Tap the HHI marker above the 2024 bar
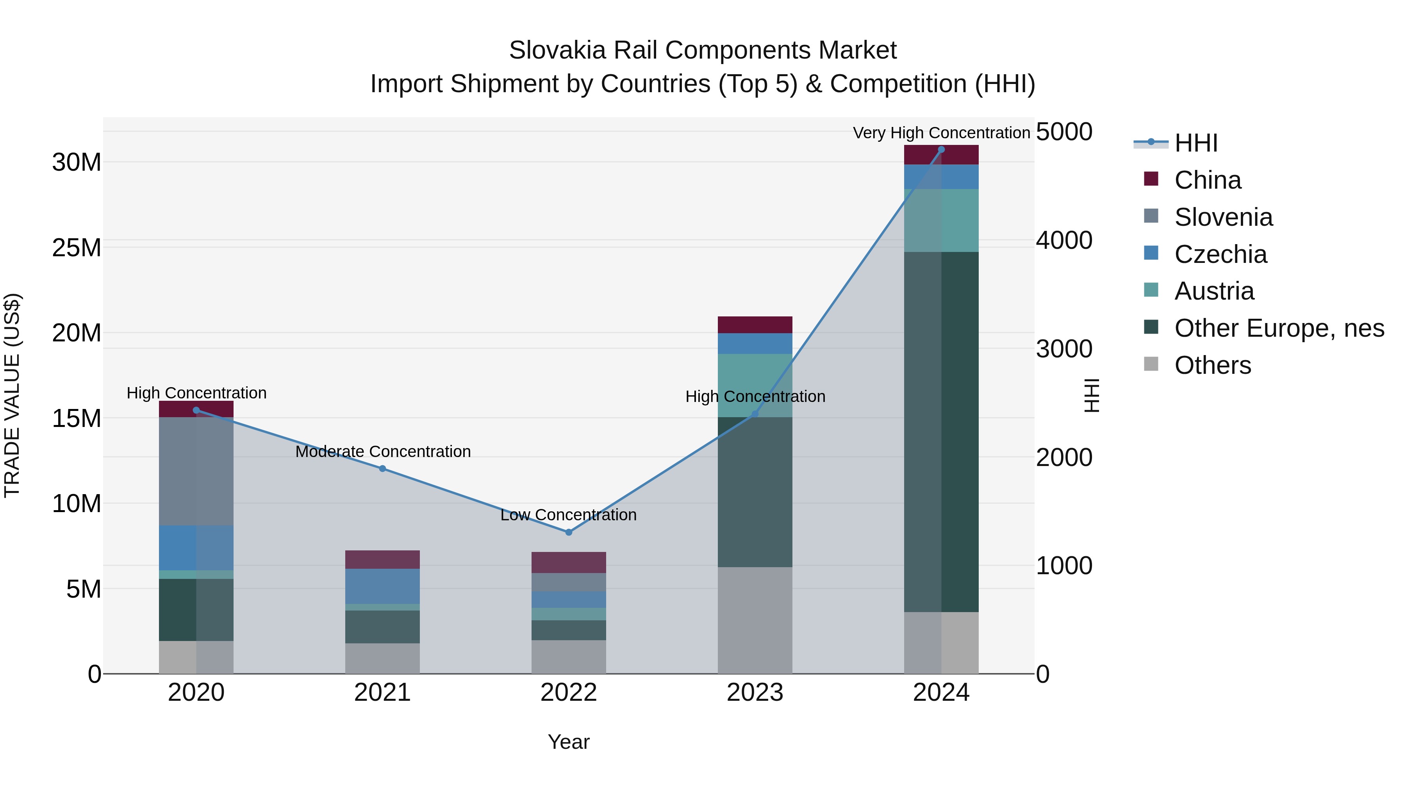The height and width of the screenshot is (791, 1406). tap(941, 150)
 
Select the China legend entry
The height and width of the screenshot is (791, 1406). tap(1207, 180)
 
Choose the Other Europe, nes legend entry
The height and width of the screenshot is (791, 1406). tap(1279, 328)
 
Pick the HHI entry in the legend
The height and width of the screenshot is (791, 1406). tap(1195, 143)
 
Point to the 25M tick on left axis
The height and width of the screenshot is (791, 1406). tap(77, 248)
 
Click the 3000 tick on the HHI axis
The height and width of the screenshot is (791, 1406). tap(1064, 349)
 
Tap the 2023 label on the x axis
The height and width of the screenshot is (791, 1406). tap(755, 693)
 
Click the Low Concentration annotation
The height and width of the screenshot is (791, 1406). tap(568, 515)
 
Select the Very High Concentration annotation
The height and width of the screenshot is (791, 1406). tap(941, 133)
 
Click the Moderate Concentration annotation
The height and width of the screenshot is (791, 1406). tap(383, 452)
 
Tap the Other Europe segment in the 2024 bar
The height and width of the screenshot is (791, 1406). tap(941, 431)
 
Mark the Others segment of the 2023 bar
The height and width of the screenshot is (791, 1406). tap(755, 620)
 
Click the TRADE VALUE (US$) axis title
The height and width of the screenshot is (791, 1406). tap(12, 395)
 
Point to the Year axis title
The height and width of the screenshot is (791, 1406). tap(568, 742)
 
